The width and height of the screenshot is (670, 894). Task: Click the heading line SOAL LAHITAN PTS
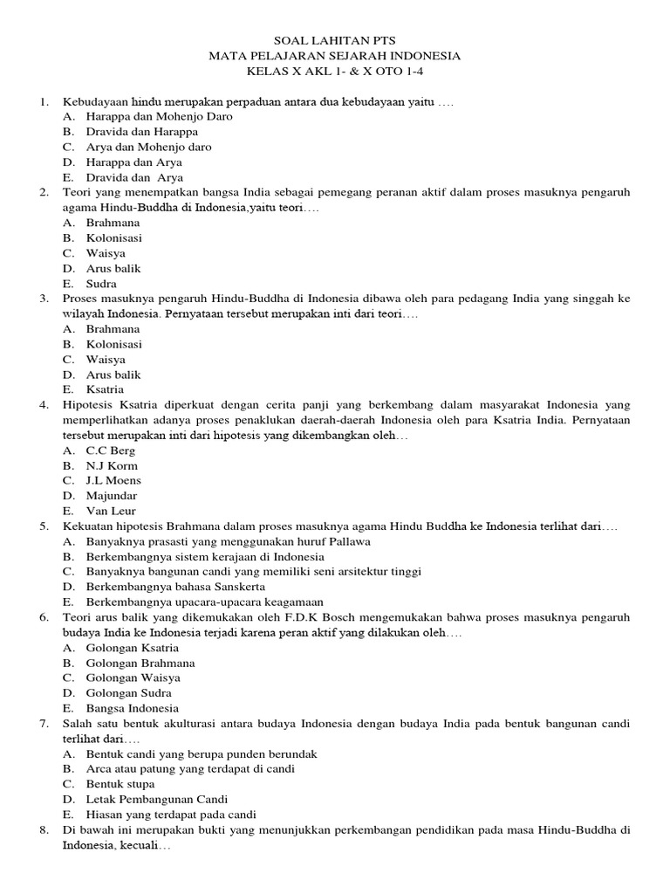(335, 41)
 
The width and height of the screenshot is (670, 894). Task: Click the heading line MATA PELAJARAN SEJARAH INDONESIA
(335, 56)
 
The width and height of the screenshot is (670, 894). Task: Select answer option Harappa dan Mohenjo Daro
(159, 116)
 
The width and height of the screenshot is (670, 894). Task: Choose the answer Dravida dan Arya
(134, 177)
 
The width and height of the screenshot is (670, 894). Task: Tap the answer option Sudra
(101, 284)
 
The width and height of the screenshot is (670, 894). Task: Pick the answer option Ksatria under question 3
(105, 389)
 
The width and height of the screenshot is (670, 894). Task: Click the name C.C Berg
(110, 450)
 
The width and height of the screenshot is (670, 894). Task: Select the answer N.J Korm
(112, 465)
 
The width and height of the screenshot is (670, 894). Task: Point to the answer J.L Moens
(113, 480)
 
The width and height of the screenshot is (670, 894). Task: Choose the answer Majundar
(112, 496)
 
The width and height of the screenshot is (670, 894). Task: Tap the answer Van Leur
(111, 511)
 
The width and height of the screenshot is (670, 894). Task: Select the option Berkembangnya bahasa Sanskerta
(175, 587)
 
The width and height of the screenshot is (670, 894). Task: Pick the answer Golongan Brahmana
(140, 663)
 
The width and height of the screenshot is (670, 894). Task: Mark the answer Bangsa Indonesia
(132, 708)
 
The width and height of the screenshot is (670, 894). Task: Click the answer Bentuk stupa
(120, 784)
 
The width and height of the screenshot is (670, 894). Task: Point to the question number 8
(44, 830)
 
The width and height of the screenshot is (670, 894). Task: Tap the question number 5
(44, 526)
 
